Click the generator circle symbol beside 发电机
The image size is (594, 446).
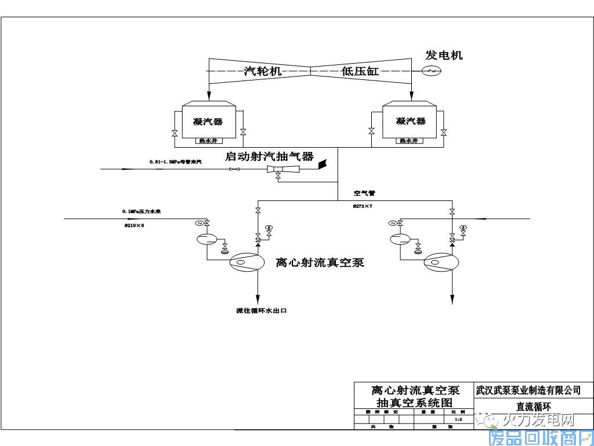(432, 71)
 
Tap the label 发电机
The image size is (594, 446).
(444, 56)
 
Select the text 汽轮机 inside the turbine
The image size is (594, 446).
(262, 71)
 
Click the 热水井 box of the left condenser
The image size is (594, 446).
(207, 140)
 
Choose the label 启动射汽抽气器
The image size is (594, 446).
(269, 156)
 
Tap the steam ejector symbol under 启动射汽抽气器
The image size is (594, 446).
(284, 169)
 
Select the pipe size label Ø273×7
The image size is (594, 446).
(363, 206)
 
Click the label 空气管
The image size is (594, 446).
(364, 193)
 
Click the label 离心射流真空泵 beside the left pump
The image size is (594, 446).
(320, 262)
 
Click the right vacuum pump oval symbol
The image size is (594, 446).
(440, 263)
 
